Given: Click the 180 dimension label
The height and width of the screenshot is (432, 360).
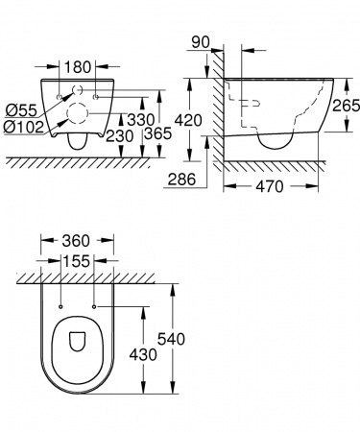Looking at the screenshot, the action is click(x=78, y=67).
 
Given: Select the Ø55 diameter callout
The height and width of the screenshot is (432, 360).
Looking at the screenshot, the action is click(x=21, y=110).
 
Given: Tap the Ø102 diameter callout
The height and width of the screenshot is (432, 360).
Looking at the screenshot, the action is click(x=24, y=127).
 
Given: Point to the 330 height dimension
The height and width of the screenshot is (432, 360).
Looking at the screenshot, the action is click(x=140, y=120).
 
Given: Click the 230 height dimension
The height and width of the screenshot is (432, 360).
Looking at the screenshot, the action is click(x=119, y=136).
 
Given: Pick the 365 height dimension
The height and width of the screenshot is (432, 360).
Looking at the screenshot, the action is click(x=157, y=133).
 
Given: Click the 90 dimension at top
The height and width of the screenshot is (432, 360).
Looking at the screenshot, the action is click(x=201, y=42).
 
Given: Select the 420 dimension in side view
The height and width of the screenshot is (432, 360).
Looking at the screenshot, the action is click(x=188, y=120).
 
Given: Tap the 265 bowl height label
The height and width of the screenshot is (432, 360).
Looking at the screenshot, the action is click(x=346, y=106).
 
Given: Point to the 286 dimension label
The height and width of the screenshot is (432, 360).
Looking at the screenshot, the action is click(x=181, y=179).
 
